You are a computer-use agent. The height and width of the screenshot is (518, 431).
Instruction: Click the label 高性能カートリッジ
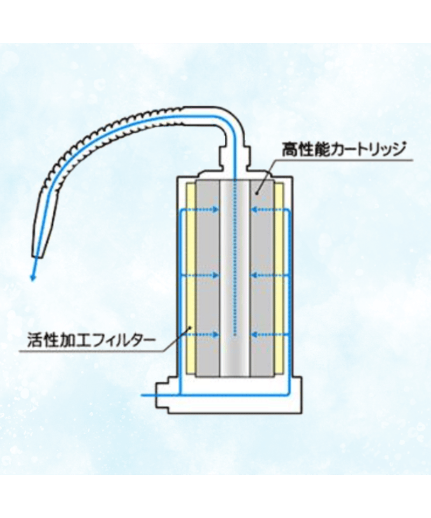click(343, 148)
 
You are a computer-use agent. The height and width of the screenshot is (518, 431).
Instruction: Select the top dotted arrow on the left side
click(200, 209)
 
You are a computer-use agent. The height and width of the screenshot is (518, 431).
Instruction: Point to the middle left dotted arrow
click(200, 275)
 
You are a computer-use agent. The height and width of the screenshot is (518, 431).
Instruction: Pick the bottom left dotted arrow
click(200, 335)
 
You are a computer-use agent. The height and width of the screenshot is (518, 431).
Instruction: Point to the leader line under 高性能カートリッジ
click(345, 160)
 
